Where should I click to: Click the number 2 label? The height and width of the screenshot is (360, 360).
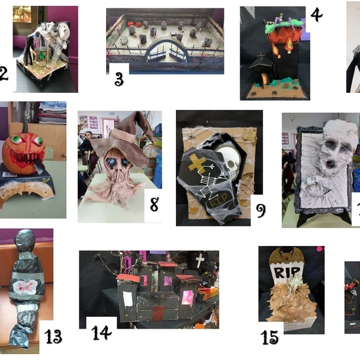4,74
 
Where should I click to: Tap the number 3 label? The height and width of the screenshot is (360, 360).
118,79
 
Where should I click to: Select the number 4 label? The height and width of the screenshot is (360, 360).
316,14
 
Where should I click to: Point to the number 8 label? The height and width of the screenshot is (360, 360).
154,205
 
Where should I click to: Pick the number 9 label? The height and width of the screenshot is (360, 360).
260,209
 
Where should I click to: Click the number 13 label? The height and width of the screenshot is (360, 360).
54,337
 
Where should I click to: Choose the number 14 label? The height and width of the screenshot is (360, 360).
101,333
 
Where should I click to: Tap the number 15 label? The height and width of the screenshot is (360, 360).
269,337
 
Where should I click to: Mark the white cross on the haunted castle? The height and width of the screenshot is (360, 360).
200,260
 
